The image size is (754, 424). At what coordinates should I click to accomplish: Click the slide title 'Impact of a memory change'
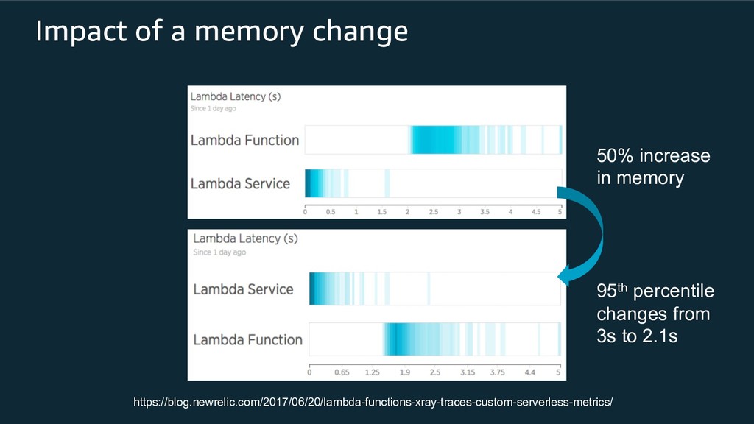pyautogui.click(x=222, y=32)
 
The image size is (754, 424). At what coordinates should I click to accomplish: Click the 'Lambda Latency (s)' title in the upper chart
pyautogui.click(x=236, y=96)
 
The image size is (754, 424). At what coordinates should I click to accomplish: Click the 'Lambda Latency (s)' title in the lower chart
pyautogui.click(x=237, y=239)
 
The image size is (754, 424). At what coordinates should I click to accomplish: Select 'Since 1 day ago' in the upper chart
pyautogui.click(x=214, y=109)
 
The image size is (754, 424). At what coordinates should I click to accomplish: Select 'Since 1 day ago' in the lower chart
pyautogui.click(x=219, y=252)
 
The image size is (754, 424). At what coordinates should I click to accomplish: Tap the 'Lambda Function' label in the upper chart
pyautogui.click(x=244, y=140)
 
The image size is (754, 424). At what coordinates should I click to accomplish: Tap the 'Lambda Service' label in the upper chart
pyautogui.click(x=240, y=183)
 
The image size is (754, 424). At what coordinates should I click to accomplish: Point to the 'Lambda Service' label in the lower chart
pyautogui.click(x=243, y=289)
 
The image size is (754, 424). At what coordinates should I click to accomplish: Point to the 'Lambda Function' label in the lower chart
pyautogui.click(x=247, y=339)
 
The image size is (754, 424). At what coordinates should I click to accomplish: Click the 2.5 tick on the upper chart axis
pyautogui.click(x=434, y=212)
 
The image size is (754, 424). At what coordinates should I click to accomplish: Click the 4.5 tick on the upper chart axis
pyautogui.click(x=536, y=212)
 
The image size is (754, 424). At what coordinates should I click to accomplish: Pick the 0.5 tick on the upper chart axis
pyautogui.click(x=331, y=212)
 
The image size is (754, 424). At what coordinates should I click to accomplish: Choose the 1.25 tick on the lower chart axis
pyautogui.click(x=372, y=372)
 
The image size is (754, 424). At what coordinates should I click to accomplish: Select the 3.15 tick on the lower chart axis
pyautogui.click(x=467, y=372)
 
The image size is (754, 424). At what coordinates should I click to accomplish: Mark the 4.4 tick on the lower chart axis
pyautogui.click(x=530, y=372)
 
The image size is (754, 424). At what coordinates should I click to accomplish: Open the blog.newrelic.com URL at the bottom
pyautogui.click(x=372, y=403)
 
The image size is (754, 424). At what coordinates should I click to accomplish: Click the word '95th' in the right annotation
pyautogui.click(x=610, y=291)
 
